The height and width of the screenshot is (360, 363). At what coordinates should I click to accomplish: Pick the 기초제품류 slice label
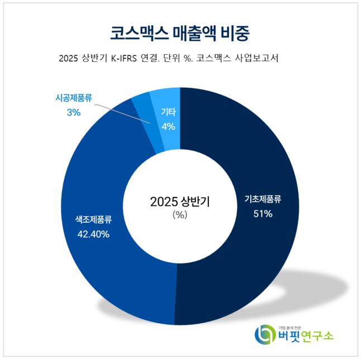point(262,199)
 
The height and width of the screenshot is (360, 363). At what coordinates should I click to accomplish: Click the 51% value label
point(262,214)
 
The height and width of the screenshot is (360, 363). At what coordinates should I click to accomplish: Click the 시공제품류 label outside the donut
point(73,98)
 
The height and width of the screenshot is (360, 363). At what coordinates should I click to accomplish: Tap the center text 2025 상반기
point(179,201)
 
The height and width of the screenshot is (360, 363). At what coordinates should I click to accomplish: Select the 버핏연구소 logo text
point(305,336)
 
